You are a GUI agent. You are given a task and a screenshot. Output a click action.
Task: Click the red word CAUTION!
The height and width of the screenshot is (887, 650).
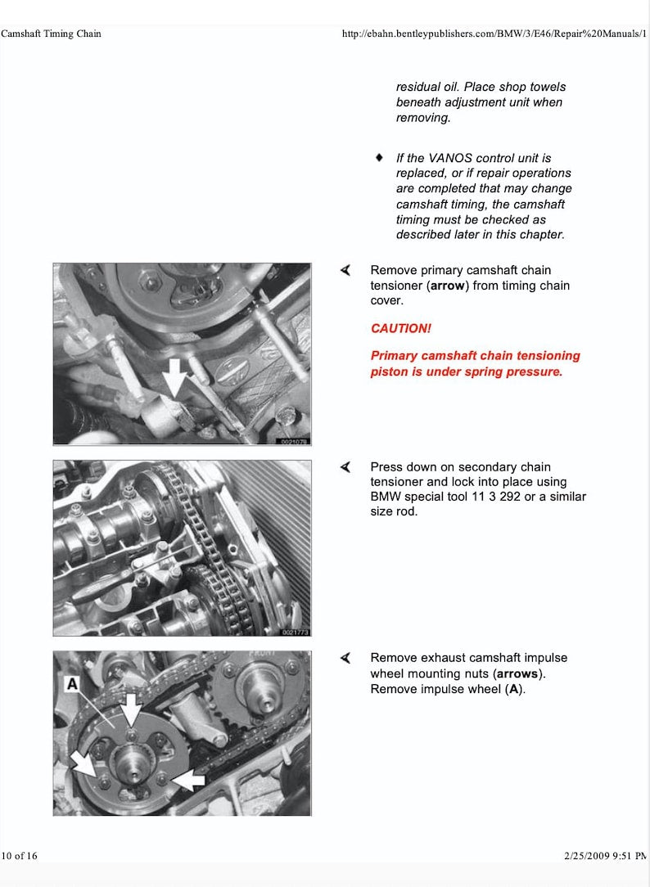[400, 328]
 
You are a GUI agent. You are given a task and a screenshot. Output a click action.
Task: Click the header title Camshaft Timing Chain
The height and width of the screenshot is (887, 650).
[51, 34]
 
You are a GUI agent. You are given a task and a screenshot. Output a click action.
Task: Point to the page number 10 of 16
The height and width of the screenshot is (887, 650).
[20, 856]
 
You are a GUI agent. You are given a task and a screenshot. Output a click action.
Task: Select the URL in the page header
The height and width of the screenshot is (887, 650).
[494, 34]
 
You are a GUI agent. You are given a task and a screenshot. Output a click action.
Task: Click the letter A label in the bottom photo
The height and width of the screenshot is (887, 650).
[72, 683]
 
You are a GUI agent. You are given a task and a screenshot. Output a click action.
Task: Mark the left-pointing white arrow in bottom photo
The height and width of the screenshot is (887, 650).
[187, 781]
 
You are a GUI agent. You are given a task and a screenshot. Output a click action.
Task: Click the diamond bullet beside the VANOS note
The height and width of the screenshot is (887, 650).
[379, 156]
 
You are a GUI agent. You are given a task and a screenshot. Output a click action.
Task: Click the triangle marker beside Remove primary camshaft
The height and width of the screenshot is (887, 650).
[346, 270]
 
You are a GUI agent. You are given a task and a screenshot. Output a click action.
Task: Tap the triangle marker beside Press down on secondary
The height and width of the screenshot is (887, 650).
[346, 466]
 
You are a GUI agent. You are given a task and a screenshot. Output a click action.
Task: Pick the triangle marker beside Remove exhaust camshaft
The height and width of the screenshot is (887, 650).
[346, 658]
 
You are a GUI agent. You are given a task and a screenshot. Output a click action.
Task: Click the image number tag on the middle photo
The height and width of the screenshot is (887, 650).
[295, 632]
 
